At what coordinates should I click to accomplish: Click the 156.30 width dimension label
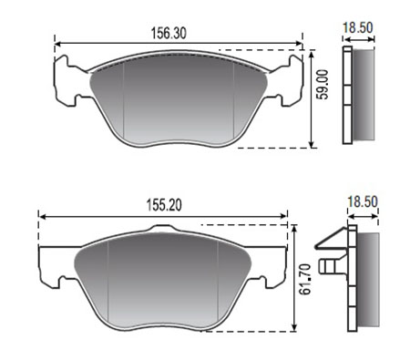point(169,33)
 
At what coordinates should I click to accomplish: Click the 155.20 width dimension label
point(164,205)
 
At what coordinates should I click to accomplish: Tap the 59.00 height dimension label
point(323,85)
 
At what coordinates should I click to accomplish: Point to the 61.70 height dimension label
point(305,279)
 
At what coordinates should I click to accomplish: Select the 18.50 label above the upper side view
point(358,27)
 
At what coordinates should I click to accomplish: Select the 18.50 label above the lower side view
point(363,201)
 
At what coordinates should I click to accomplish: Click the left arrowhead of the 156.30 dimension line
point(57,45)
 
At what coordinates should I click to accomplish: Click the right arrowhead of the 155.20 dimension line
point(283,216)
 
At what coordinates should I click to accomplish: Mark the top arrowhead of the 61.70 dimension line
point(293,229)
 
